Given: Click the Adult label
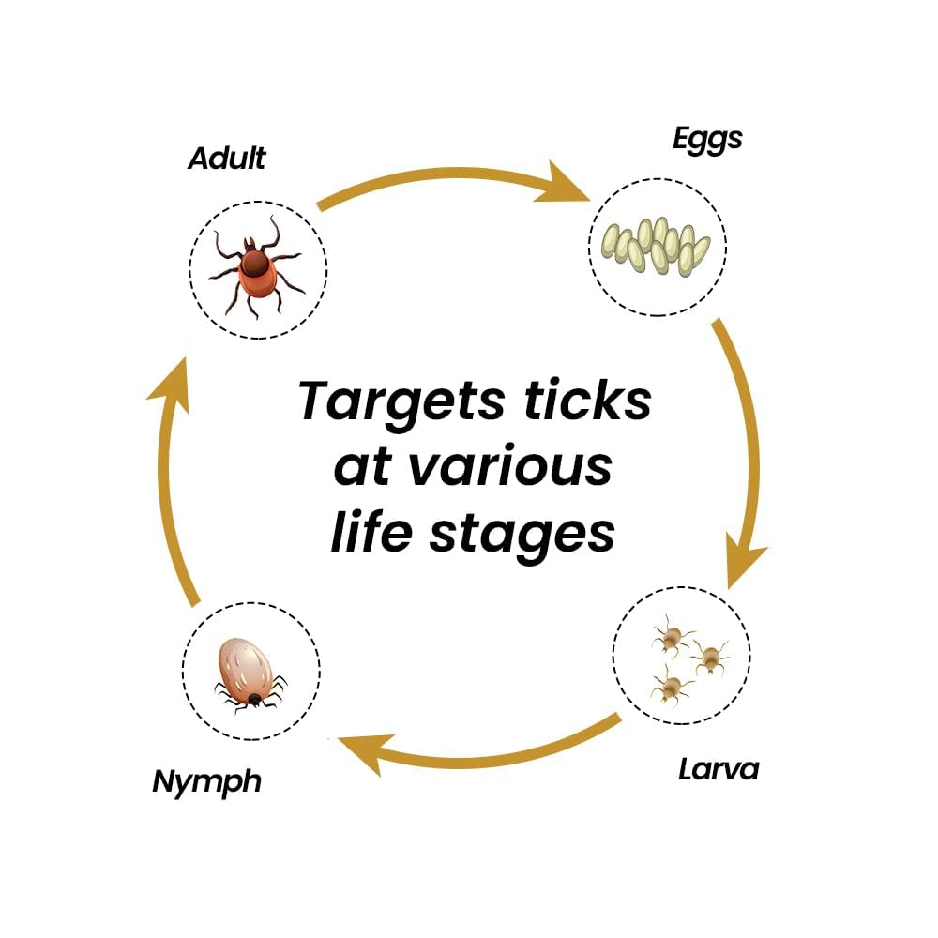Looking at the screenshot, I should point(227,158).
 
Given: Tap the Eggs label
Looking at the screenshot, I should point(707,139).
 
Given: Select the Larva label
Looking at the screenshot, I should point(718,770).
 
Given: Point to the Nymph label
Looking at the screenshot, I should point(206,780).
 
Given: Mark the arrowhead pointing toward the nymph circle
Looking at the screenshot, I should point(362,751).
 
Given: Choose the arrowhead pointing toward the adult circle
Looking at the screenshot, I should point(169,388).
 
